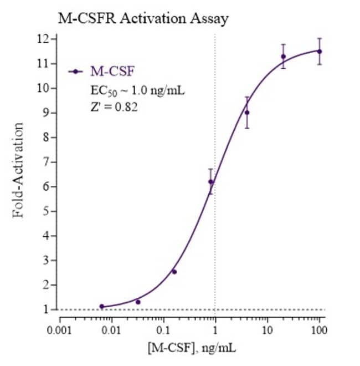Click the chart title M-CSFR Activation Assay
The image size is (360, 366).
pyautogui.click(x=143, y=18)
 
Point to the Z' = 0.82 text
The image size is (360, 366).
pyautogui.click(x=114, y=106)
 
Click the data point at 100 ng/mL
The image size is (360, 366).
pyautogui.click(x=319, y=51)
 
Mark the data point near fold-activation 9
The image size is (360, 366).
pyautogui.click(x=247, y=113)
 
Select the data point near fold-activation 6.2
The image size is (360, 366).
pyautogui.click(x=210, y=181)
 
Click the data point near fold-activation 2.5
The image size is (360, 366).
pyautogui.click(x=174, y=272)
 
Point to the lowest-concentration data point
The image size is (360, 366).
pyautogui.click(x=101, y=306)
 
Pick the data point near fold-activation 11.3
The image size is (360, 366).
pyautogui.click(x=283, y=56)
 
